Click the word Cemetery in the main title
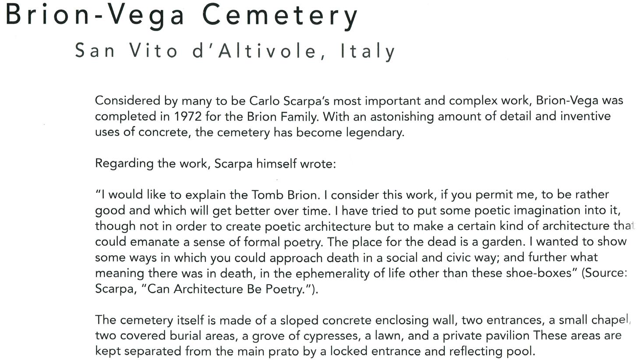tap(280, 15)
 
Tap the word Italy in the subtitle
tap(368, 51)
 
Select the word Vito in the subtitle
tap(154, 51)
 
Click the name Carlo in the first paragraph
tap(265, 101)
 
